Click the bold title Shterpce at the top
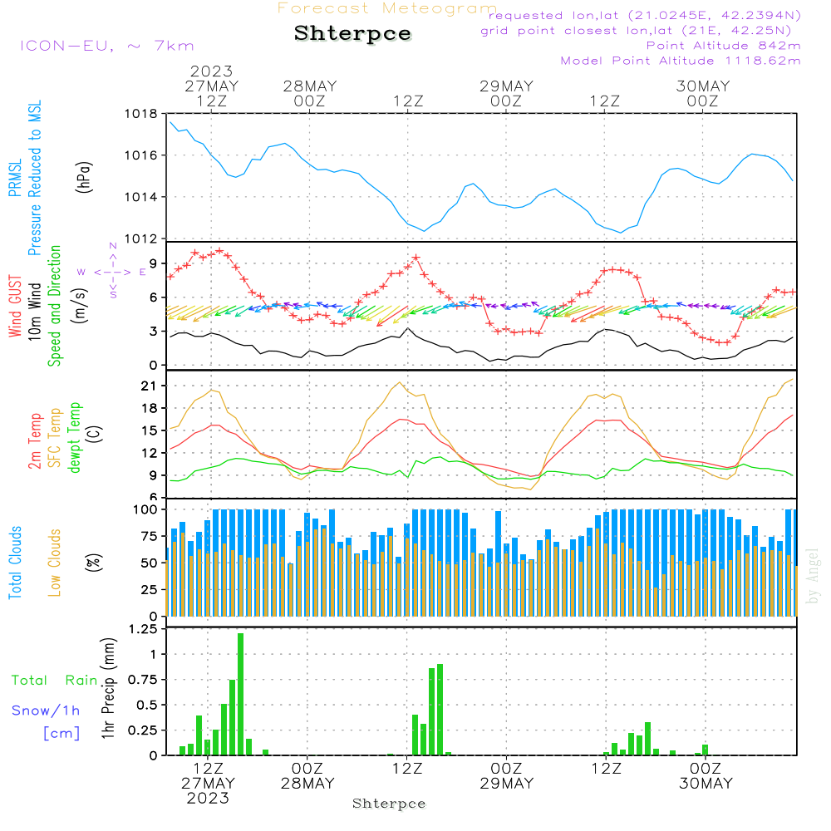352,34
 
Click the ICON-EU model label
106,46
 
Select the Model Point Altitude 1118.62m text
681,61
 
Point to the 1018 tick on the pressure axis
140,115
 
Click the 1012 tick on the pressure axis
140,239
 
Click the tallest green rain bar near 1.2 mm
241,694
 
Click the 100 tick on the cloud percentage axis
142,509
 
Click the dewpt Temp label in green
76,438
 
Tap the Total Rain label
54,681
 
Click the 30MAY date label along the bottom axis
706,784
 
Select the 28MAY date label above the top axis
309,86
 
